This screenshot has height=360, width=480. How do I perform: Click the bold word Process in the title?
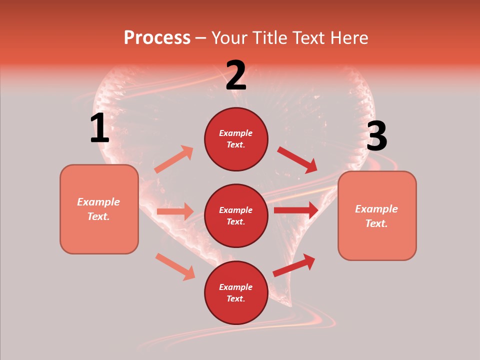(157, 38)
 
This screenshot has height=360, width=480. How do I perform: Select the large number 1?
(99, 128)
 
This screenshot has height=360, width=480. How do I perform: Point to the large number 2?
(236, 76)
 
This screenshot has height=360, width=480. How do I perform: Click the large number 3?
(376, 136)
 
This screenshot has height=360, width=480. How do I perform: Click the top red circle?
(236, 139)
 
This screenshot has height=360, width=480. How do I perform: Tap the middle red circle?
(236, 215)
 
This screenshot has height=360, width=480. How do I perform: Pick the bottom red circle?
(236, 292)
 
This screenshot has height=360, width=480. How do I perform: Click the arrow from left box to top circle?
(174, 159)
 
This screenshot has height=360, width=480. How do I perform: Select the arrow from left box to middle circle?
(175, 211)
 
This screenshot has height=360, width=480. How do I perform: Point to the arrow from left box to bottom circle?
(175, 266)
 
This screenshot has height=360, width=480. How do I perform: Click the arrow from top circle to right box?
(297, 159)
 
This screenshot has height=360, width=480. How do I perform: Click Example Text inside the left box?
(98, 209)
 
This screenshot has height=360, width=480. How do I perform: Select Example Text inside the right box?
(376, 216)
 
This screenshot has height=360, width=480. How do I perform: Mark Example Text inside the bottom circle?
(236, 292)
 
